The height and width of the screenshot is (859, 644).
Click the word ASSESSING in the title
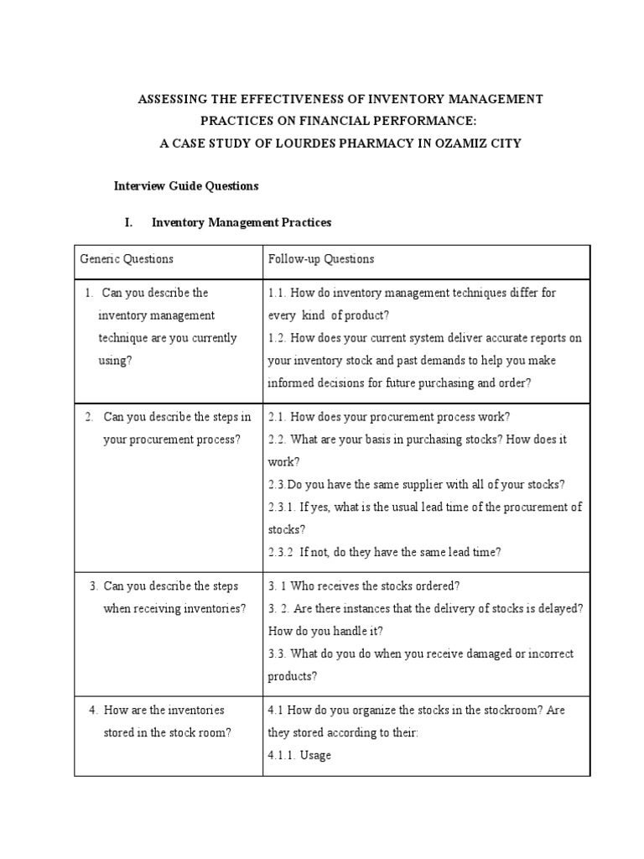[x=171, y=100]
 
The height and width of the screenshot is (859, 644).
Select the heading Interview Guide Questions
[x=185, y=185]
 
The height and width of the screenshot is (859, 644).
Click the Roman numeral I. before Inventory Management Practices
[x=129, y=223]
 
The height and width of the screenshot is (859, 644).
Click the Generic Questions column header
[x=127, y=259]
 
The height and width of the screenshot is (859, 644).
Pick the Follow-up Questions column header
[x=321, y=259]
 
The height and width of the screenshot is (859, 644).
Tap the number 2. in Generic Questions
[x=90, y=417]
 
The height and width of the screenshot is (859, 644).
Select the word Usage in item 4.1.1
[x=316, y=755]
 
